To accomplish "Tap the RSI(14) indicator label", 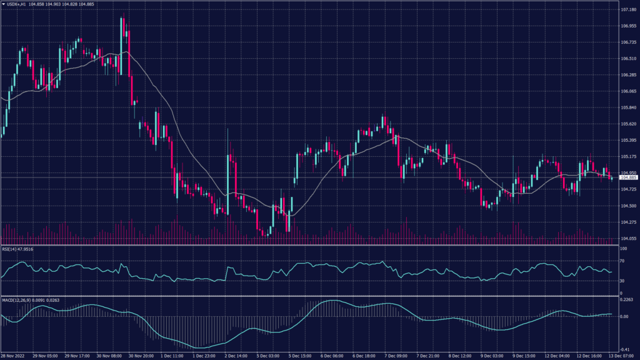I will click(10, 249).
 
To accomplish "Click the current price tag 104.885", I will click(627, 178).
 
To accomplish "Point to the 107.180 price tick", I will click(627, 10).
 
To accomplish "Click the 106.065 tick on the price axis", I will click(627, 91).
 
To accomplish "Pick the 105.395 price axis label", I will click(627, 140).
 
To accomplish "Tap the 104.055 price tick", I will click(627, 238).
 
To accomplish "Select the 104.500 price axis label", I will click(627, 206).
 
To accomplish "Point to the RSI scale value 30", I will click(622, 281).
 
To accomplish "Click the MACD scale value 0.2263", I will click(626, 299).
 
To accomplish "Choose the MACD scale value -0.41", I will click(625, 349).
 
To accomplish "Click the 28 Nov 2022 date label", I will click(13, 356).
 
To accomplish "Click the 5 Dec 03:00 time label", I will click(267, 356).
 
